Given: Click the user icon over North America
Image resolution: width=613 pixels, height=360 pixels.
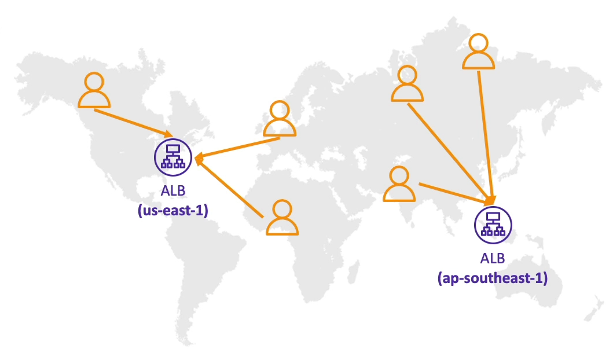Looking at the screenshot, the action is pyautogui.click(x=94, y=90).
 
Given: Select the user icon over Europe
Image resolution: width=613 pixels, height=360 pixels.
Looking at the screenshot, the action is pyautogui.click(x=280, y=119).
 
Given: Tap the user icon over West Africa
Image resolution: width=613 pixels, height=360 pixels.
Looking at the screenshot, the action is pyautogui.click(x=282, y=217).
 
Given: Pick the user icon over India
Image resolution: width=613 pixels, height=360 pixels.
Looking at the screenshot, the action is pyautogui.click(x=399, y=183).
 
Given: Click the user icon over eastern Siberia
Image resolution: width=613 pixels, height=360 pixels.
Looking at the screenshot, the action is pyautogui.click(x=478, y=51).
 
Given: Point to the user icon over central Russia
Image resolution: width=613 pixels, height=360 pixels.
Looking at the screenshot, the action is pyautogui.click(x=407, y=83).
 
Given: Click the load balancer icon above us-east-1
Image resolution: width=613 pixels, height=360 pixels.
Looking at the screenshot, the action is pyautogui.click(x=173, y=157).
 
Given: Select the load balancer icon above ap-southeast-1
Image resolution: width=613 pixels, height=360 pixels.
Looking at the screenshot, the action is pyautogui.click(x=493, y=225).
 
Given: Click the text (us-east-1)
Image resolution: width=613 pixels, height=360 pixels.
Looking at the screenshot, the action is pyautogui.click(x=173, y=210).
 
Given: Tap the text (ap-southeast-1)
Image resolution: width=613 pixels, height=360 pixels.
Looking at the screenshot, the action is pyautogui.click(x=493, y=278).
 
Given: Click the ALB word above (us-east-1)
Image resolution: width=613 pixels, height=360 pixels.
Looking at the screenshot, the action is pyautogui.click(x=173, y=191).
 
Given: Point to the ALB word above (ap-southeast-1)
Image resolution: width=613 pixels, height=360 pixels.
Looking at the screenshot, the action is pyautogui.click(x=493, y=258).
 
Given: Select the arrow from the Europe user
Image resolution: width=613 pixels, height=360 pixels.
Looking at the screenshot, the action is pyautogui.click(x=237, y=148).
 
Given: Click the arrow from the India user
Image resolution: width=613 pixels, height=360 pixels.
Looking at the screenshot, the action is pyautogui.click(x=456, y=193).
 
